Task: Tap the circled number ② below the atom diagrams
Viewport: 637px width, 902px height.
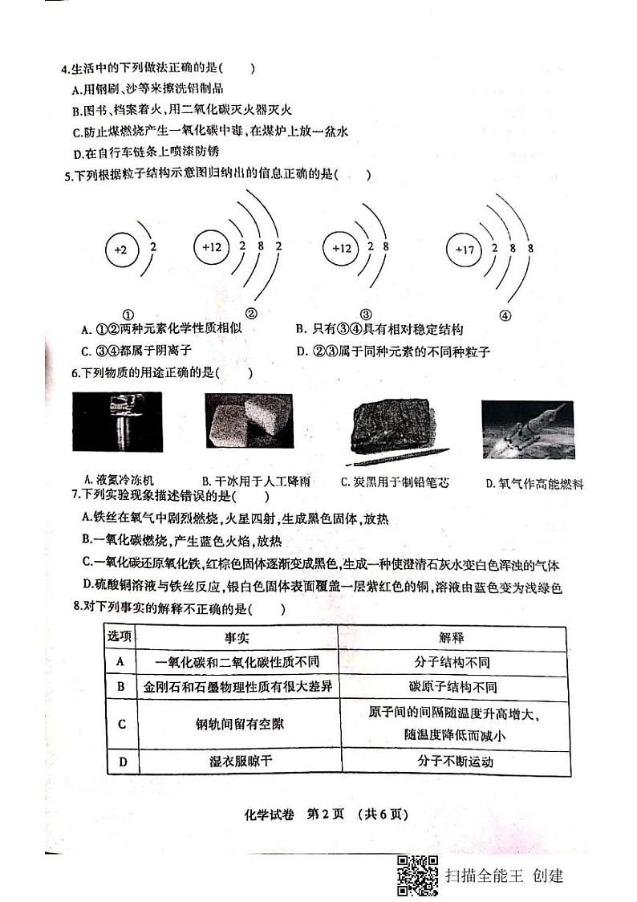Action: click(x=251, y=313)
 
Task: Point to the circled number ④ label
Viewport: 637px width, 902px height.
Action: click(x=505, y=315)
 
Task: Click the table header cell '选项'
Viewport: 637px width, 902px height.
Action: click(x=120, y=636)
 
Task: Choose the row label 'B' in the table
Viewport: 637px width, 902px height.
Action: click(x=120, y=687)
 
